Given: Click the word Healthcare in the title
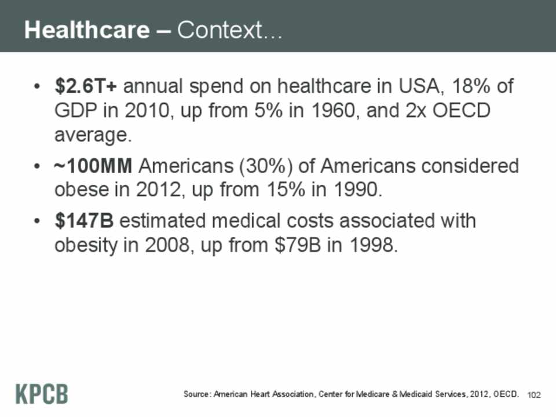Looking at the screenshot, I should pyautogui.click(x=87, y=30).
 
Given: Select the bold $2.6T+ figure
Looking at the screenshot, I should pyautogui.click(x=87, y=87).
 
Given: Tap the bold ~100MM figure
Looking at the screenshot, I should pyautogui.click(x=93, y=167).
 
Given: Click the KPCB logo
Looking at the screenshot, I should pyautogui.click(x=41, y=394).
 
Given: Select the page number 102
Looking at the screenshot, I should pyautogui.click(x=534, y=395).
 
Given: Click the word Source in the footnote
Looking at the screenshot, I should pyautogui.click(x=197, y=394).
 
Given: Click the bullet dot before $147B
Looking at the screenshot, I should pyautogui.click(x=37, y=222).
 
